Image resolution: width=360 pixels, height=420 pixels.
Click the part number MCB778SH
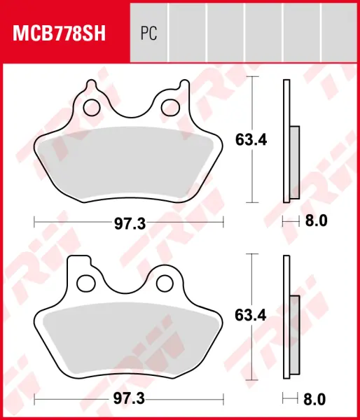[x=60, y=33]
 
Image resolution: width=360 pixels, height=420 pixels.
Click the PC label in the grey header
[x=148, y=33]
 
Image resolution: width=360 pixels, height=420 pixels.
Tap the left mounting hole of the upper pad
[x=92, y=108]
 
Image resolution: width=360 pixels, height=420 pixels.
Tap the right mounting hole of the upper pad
[x=170, y=108]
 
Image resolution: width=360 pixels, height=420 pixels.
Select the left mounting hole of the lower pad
[x=86, y=283]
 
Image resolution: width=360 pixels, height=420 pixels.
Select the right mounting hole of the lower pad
[x=165, y=283]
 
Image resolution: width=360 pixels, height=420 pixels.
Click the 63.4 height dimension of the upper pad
[x=251, y=140]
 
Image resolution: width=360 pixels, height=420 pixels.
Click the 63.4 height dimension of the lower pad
[x=251, y=315]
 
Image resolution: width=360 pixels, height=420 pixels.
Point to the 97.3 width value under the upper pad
[x=130, y=223]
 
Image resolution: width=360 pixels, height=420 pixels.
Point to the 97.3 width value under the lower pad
[x=129, y=399]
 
